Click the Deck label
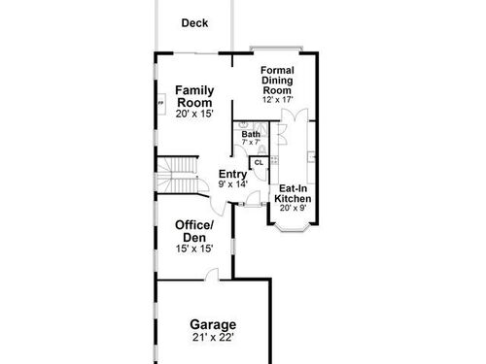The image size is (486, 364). pos(194,23)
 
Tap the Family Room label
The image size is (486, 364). pos(194,96)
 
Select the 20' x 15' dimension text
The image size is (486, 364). pos(194,114)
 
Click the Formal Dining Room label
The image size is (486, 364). pos(277,81)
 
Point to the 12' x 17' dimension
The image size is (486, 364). pos(277,99)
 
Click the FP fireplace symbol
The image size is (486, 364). pos(161,104)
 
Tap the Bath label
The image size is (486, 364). pos(251,134)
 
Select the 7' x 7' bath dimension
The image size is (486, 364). pos(251,142)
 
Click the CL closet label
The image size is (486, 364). pos(259,162)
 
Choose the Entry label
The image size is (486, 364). pos(232,174)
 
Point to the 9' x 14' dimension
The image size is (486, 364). pos(233,184)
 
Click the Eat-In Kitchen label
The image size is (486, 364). pos(293,193)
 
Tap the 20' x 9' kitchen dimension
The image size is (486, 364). pos(293,208)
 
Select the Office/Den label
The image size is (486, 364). pos(194,231)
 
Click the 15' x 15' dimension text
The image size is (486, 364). pos(194,248)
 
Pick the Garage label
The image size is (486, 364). pos(213,324)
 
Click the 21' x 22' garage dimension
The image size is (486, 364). pos(213,338)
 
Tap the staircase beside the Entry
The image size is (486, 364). pos(178,175)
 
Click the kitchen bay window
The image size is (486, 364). pos(293,227)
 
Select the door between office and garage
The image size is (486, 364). pos(212,275)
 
